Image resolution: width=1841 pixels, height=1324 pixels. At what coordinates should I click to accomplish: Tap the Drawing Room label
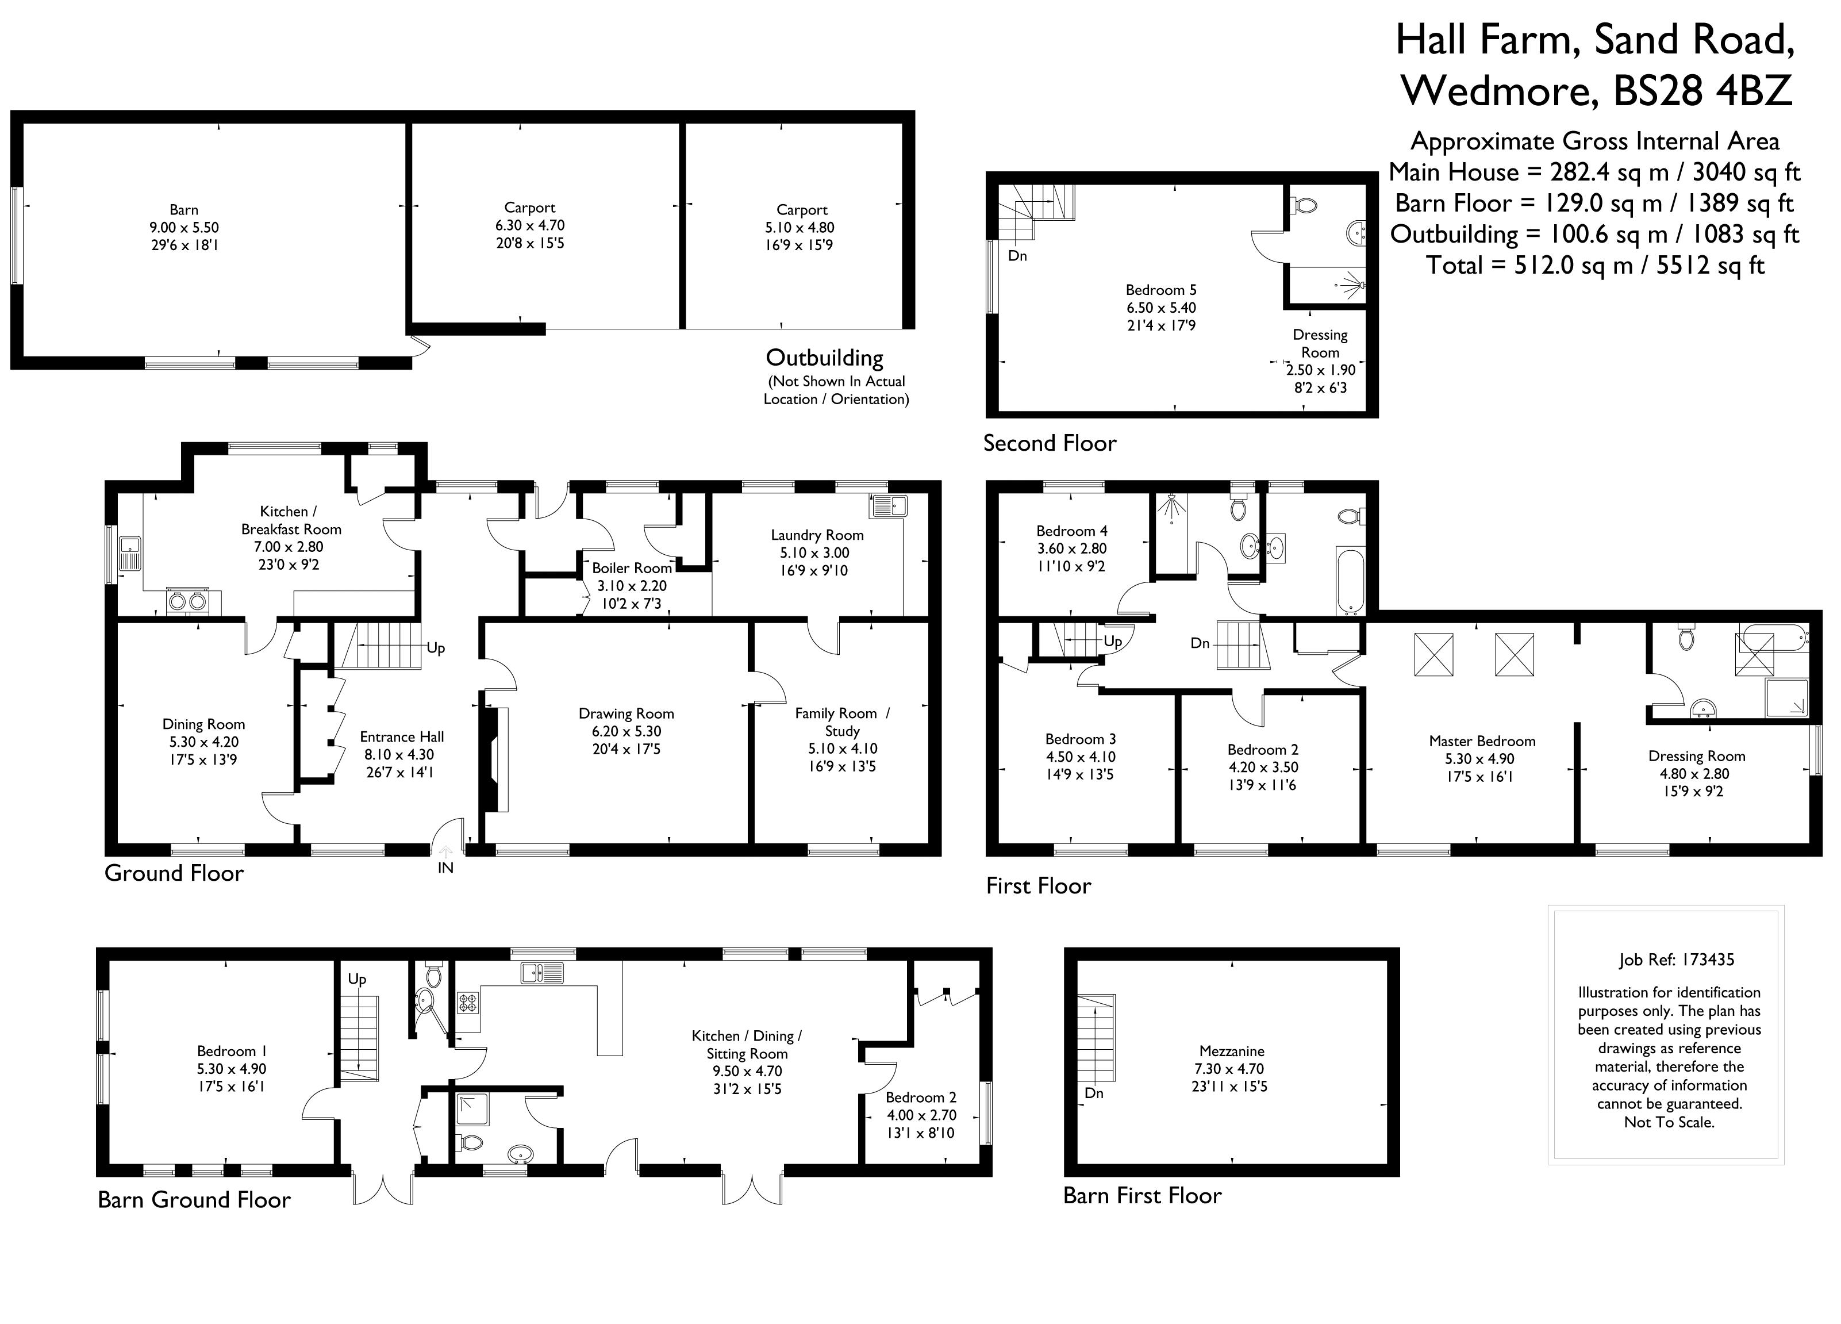[626, 713]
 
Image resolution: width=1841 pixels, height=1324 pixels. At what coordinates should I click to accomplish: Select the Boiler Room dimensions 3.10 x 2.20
[632, 585]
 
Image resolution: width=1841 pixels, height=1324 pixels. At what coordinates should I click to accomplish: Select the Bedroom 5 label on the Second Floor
[1161, 290]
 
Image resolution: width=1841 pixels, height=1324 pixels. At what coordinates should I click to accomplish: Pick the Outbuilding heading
[824, 358]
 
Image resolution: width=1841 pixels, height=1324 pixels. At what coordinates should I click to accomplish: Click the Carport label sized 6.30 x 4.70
[529, 208]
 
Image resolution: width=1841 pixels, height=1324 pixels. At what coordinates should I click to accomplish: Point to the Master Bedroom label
[1482, 741]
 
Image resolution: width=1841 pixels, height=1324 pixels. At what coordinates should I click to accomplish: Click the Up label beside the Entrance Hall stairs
[436, 648]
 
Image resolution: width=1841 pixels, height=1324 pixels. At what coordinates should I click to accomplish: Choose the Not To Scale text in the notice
[1669, 1123]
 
